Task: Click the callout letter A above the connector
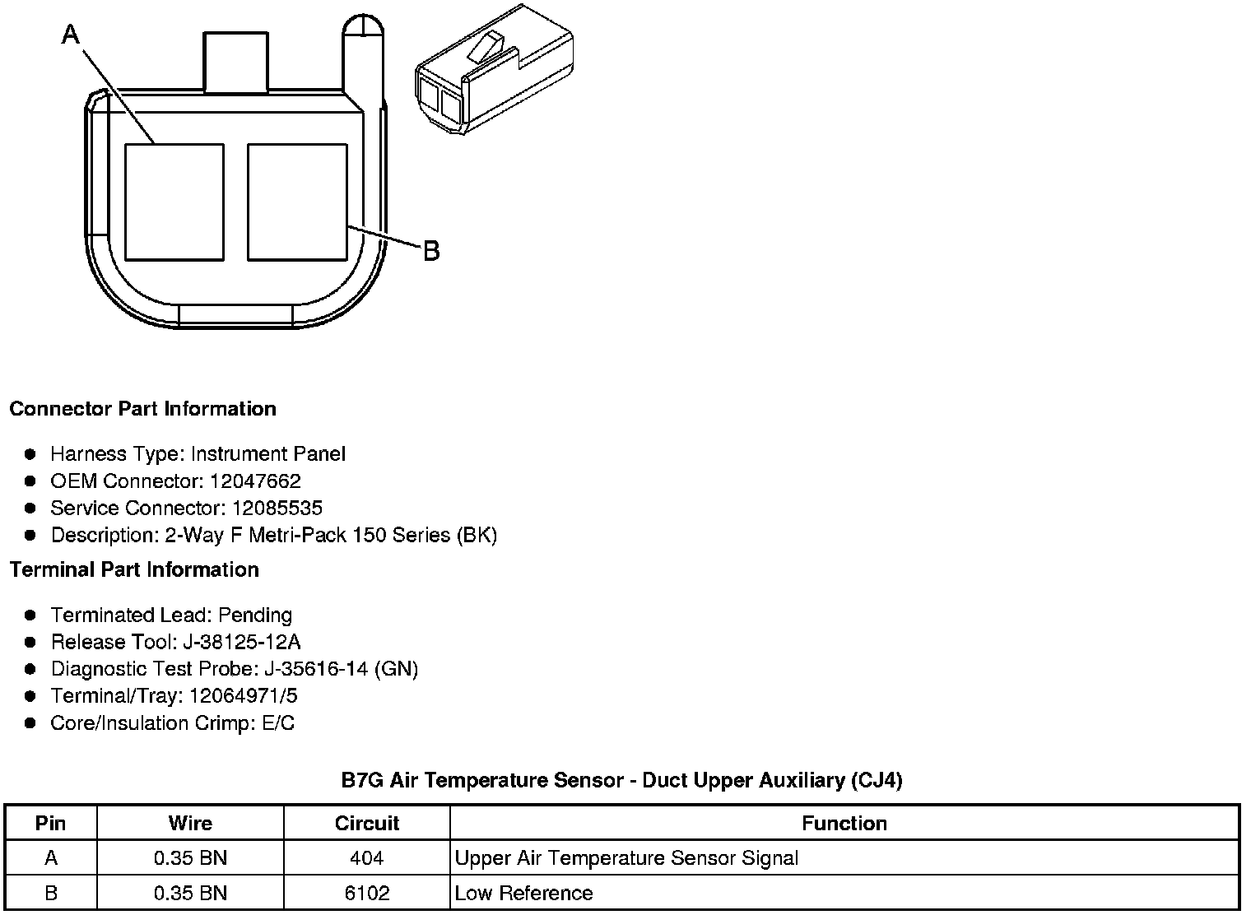point(71,35)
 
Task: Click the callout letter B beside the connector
point(431,251)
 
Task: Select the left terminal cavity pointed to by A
point(174,202)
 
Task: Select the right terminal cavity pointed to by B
point(297,202)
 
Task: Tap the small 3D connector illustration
point(495,70)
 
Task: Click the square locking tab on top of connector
point(235,63)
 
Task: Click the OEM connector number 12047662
point(255,481)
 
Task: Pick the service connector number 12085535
point(277,508)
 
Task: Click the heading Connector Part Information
point(143,409)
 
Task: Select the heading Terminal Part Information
point(135,569)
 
